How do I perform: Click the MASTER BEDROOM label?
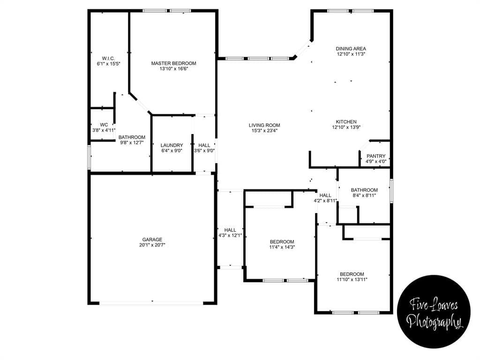pyautogui.click(x=173, y=63)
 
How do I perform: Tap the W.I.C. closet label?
pyautogui.click(x=108, y=59)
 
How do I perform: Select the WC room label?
pyautogui.click(x=104, y=125)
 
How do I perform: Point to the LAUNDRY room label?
pyautogui.click(x=172, y=145)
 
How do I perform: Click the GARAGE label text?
pyautogui.click(x=152, y=240)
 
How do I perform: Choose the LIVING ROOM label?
pyautogui.click(x=264, y=125)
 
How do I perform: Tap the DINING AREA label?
pyautogui.click(x=351, y=49)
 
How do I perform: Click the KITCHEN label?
pyautogui.click(x=346, y=122)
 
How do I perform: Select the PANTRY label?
pyautogui.click(x=376, y=156)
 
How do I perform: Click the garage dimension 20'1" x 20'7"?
pyautogui.click(x=152, y=245)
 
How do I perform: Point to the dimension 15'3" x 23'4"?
pyautogui.click(x=264, y=131)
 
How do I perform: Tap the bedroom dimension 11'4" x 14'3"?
pyautogui.click(x=282, y=247)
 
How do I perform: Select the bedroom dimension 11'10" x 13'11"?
pyautogui.click(x=352, y=279)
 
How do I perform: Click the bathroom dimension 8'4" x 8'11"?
pyautogui.click(x=364, y=195)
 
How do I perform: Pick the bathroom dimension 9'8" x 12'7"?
pyautogui.click(x=132, y=142)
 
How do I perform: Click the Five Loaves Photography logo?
pyautogui.click(x=434, y=311)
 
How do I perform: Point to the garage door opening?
pyautogui.click(x=151, y=303)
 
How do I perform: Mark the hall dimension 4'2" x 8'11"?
pyautogui.click(x=325, y=201)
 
